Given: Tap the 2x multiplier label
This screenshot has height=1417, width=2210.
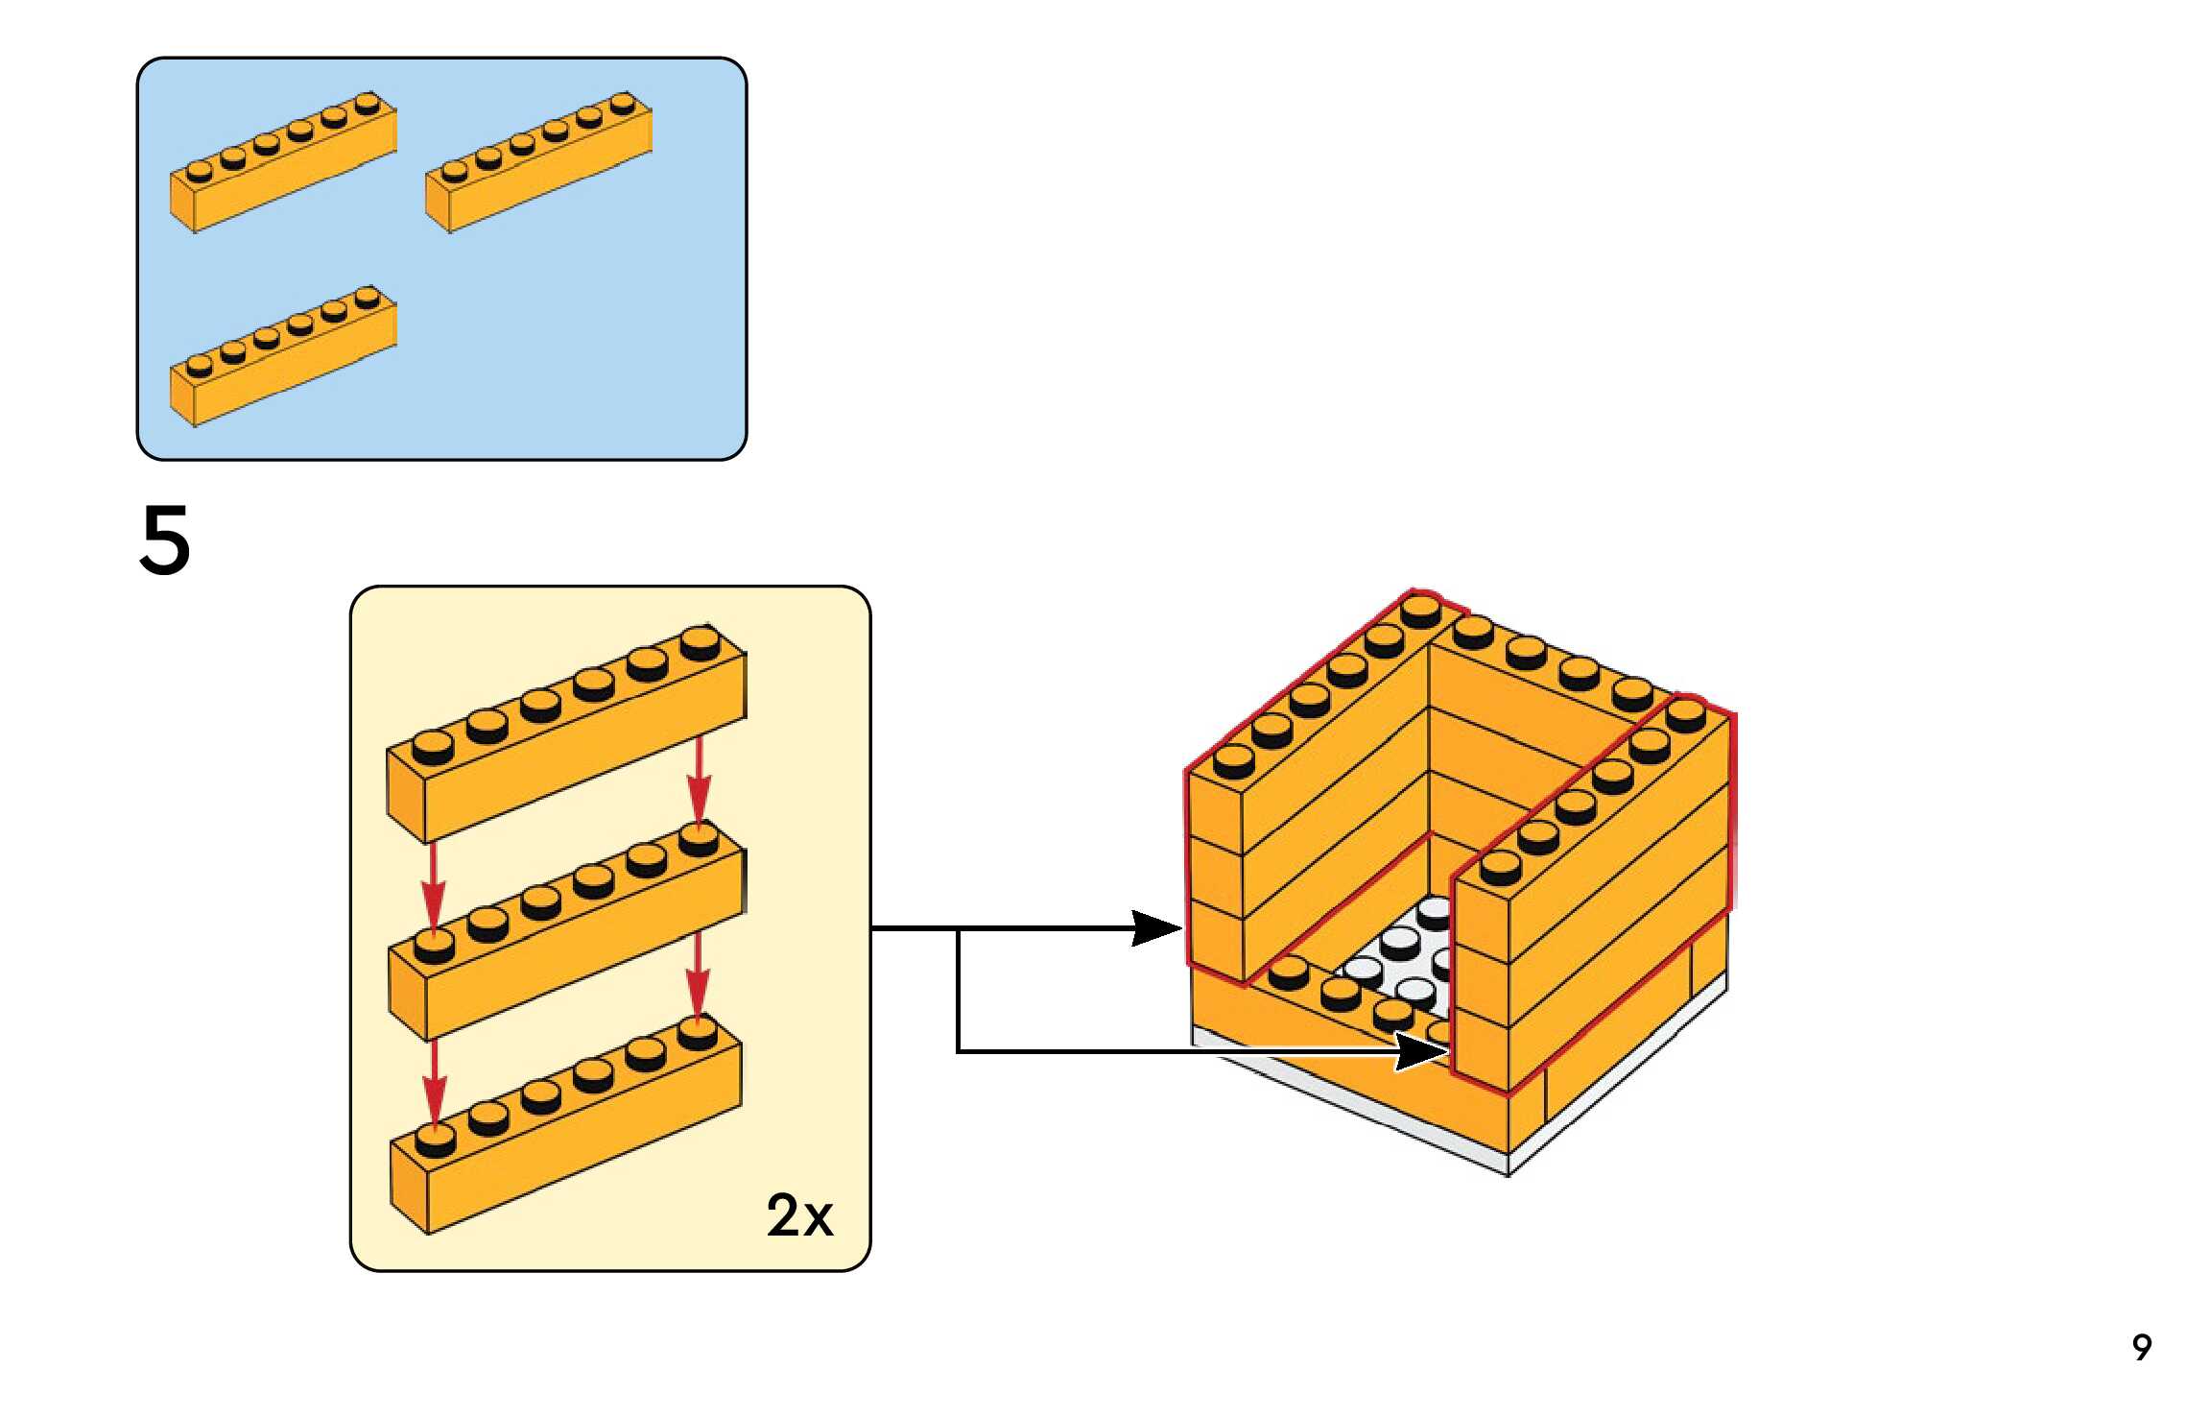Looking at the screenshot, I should (x=798, y=1215).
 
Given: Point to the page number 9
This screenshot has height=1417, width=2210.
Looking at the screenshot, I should (x=2142, y=1347).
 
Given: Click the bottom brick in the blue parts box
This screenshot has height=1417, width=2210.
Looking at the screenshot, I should (x=283, y=357).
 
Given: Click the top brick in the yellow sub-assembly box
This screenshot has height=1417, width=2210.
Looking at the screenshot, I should (x=566, y=739).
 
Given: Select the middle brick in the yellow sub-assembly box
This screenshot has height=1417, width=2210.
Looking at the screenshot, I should (x=566, y=936).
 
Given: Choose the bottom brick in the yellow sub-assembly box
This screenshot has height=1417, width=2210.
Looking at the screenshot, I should (x=566, y=1133).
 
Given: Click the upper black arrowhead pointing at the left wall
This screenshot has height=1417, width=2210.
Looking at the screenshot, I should (x=1156, y=928).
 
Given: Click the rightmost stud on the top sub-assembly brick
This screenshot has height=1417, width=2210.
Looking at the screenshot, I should (x=701, y=642).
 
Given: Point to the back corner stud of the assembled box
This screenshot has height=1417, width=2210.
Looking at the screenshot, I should (x=1420, y=611).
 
